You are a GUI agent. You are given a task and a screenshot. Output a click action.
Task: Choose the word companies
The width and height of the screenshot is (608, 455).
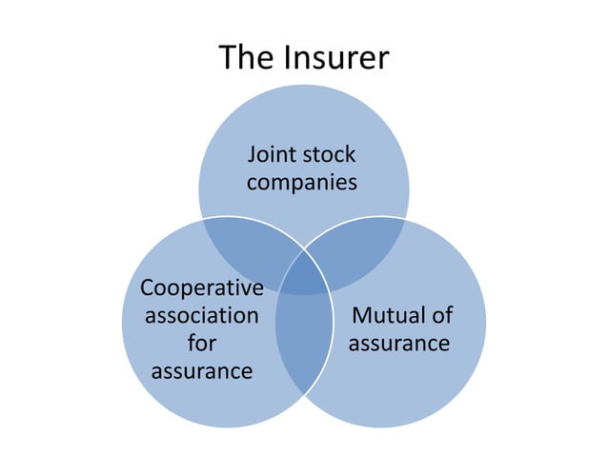click(x=302, y=181)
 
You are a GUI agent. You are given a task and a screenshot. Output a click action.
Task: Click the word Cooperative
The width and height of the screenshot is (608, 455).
click(x=201, y=287)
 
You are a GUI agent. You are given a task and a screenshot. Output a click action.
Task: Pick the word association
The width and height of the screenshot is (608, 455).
click(x=201, y=315)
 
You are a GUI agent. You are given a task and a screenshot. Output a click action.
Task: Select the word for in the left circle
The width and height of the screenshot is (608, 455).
click(x=201, y=343)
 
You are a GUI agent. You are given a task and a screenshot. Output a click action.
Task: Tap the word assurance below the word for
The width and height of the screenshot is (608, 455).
click(x=201, y=370)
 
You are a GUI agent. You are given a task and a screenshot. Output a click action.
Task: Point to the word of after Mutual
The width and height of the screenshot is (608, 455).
click(x=440, y=315)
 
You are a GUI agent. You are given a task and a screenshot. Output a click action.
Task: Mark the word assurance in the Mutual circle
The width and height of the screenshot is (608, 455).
click(x=398, y=343)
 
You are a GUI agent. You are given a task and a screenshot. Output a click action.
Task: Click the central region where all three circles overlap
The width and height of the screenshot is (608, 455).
click(x=304, y=276)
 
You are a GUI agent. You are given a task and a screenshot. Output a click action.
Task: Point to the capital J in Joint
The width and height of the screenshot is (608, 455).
click(x=253, y=154)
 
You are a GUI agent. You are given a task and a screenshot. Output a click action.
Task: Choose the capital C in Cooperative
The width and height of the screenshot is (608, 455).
click(x=147, y=287)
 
